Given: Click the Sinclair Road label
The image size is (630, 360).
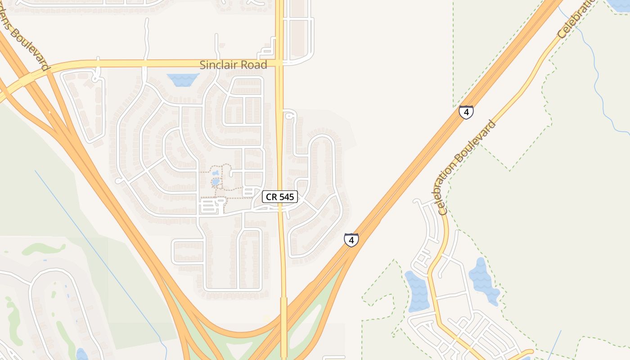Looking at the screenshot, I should click(233, 65).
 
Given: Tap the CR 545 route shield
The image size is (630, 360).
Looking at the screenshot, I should click(280, 197).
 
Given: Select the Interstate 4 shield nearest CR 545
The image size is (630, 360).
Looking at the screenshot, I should click(351, 239).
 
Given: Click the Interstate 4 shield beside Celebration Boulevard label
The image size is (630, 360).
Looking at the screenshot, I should click(466, 112).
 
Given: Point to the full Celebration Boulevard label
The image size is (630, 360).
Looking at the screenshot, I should click(467, 167).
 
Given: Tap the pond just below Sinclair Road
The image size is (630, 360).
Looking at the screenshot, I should click(183, 80).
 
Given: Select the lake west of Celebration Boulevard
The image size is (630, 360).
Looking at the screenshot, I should click(417, 292).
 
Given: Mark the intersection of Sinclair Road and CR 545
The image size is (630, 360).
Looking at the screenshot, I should click(279, 63).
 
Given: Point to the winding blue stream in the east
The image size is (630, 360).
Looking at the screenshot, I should click(598, 81).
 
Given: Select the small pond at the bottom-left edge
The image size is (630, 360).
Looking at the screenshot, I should click(81, 354).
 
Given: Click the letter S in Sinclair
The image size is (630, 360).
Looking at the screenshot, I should click(202, 65).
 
